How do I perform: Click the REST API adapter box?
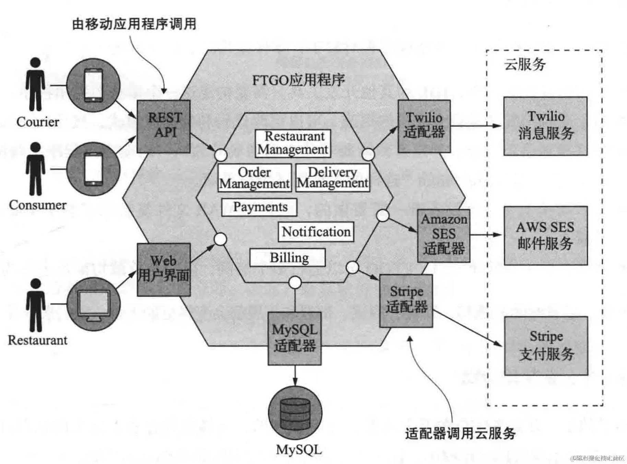point(164,126)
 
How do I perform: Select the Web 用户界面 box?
point(164,269)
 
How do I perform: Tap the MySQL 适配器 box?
point(295,338)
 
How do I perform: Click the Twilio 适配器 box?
point(424,126)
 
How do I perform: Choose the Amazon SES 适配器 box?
point(443,236)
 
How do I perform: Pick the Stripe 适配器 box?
point(406,301)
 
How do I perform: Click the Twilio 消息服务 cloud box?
point(545,126)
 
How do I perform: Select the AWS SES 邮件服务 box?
point(545,235)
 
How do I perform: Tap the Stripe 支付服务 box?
point(546,345)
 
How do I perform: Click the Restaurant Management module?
point(293,143)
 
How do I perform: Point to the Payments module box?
point(259,207)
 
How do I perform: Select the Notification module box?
point(316,232)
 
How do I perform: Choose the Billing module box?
point(287,258)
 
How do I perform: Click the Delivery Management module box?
point(332,178)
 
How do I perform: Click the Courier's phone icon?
point(93,85)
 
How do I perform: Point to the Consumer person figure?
point(35,169)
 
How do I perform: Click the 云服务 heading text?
point(524,64)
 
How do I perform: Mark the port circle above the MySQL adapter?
point(295,283)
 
